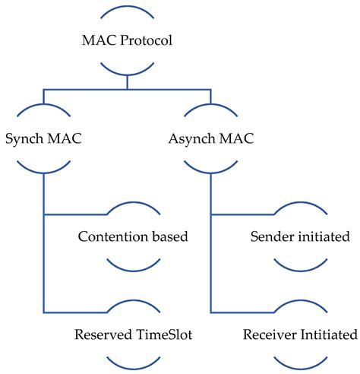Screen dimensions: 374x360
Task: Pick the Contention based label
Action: click(133, 236)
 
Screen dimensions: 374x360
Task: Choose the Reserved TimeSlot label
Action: click(133, 334)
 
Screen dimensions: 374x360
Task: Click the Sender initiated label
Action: click(300, 236)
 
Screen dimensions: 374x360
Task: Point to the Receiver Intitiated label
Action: click(300, 334)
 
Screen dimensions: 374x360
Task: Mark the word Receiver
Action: click(269, 334)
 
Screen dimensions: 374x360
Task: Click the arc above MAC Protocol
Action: click(128, 10)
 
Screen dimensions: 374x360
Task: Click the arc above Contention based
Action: click(133, 208)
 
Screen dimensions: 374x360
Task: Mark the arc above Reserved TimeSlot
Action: click(133, 304)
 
